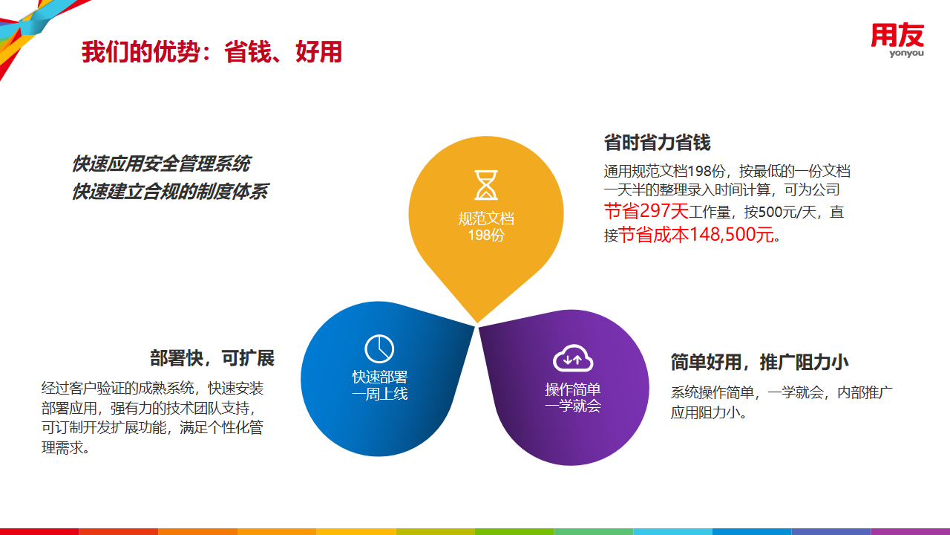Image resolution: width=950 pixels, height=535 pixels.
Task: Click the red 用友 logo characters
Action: coord(897,35)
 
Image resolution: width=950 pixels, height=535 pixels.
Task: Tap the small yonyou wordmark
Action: coord(907,53)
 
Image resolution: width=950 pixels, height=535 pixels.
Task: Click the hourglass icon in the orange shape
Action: coord(486,185)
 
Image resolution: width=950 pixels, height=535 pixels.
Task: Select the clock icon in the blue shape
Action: coord(379,349)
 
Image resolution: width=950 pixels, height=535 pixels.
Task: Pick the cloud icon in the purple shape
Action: coord(573,358)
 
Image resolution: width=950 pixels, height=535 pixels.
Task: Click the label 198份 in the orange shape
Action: coord(486,235)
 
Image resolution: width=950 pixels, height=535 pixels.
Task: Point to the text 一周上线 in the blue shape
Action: coord(379,394)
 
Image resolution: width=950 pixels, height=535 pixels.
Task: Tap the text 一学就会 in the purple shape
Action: coord(573,406)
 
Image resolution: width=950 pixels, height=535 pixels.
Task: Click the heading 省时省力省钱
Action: coord(657,142)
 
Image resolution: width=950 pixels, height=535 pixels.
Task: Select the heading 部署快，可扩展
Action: coord(212,358)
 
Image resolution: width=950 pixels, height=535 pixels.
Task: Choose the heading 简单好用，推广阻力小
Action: coord(759,362)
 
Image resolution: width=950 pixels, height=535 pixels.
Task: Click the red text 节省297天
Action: coord(646,211)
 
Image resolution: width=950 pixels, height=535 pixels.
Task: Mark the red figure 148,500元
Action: coord(732,234)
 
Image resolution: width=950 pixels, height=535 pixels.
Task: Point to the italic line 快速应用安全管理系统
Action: coord(161,164)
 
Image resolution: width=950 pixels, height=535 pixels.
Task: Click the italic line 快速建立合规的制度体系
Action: coord(170,192)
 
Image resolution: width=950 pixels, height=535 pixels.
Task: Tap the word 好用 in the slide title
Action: coord(318,52)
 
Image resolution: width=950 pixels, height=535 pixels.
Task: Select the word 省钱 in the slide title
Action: coord(247,52)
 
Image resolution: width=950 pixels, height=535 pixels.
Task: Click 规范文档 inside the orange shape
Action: coord(486,218)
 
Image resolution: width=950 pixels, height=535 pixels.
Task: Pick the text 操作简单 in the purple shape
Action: coord(573,389)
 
